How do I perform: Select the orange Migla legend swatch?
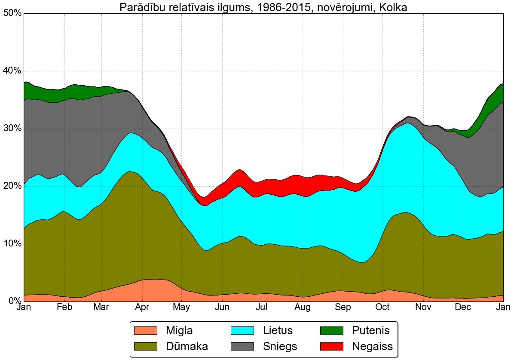pyautogui.click(x=146, y=330)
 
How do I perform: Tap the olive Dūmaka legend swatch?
pyautogui.click(x=146, y=346)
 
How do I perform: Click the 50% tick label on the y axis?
pyautogui.click(x=12, y=13)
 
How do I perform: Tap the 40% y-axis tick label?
pyautogui.click(x=12, y=71)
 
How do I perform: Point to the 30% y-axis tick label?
pyautogui.click(x=12, y=129)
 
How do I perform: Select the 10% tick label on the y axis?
pyautogui.click(x=12, y=244)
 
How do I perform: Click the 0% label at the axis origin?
pyautogui.click(x=14, y=301)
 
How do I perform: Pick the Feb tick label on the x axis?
pyautogui.click(x=64, y=308)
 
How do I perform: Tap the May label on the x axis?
pyautogui.click(x=182, y=308)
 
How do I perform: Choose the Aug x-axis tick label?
pyautogui.click(x=302, y=308)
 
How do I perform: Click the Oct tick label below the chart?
pyautogui.click(x=382, y=308)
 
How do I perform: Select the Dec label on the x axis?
pyautogui.click(x=463, y=308)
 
